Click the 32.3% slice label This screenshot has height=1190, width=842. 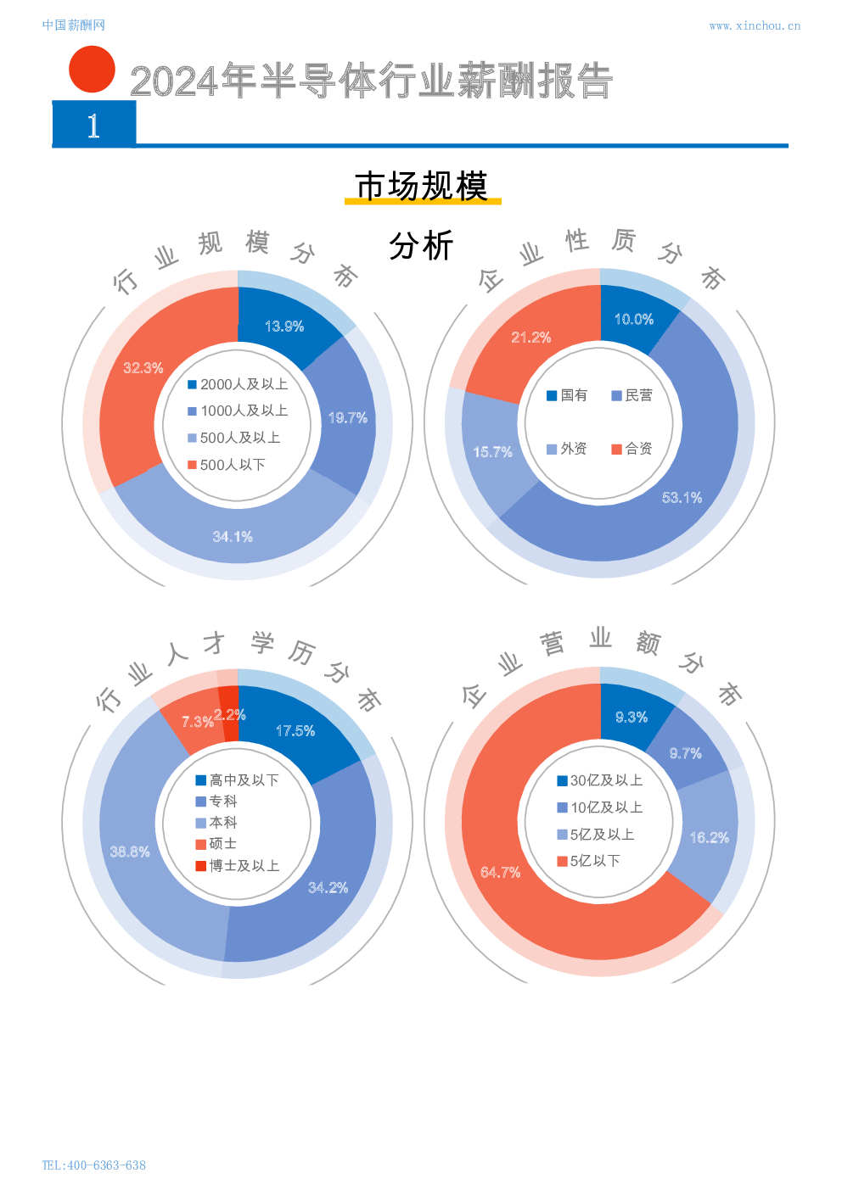tap(143, 368)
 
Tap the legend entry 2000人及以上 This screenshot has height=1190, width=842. tap(238, 384)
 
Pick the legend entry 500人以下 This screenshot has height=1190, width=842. tap(227, 465)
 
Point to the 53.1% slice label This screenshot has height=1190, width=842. tap(682, 498)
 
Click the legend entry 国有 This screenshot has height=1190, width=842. tap(567, 395)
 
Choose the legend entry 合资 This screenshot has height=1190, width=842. tap(631, 449)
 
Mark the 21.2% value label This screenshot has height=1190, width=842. tap(530, 338)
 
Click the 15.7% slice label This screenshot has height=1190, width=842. tap(492, 452)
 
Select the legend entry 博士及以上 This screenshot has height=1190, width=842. tap(237, 866)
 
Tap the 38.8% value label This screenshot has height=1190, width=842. tap(129, 852)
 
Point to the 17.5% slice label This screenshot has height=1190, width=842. tap(295, 731)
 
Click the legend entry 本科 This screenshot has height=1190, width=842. tap(216, 823)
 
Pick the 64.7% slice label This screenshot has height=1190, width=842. tap(500, 873)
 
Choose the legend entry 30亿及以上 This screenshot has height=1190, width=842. tap(599, 780)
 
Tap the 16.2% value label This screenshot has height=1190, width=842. tap(709, 838)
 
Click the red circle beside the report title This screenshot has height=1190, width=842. tap(92, 70)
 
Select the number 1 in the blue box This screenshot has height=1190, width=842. tap(93, 126)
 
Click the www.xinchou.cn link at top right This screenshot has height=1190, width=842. tap(754, 26)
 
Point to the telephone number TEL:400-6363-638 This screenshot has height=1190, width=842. tap(93, 1165)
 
